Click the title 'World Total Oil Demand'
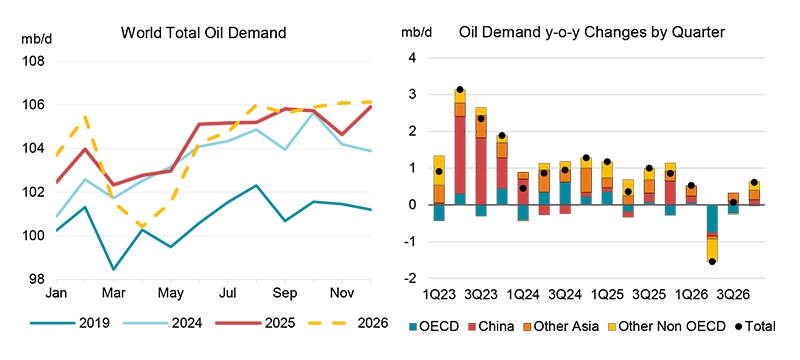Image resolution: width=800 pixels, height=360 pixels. (x=203, y=33)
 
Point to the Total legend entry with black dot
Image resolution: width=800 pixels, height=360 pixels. (x=751, y=326)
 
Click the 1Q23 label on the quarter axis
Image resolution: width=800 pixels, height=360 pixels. (x=440, y=297)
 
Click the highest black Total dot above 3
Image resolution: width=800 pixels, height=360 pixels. (x=460, y=90)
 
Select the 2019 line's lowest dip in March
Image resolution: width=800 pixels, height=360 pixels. (x=112, y=269)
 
